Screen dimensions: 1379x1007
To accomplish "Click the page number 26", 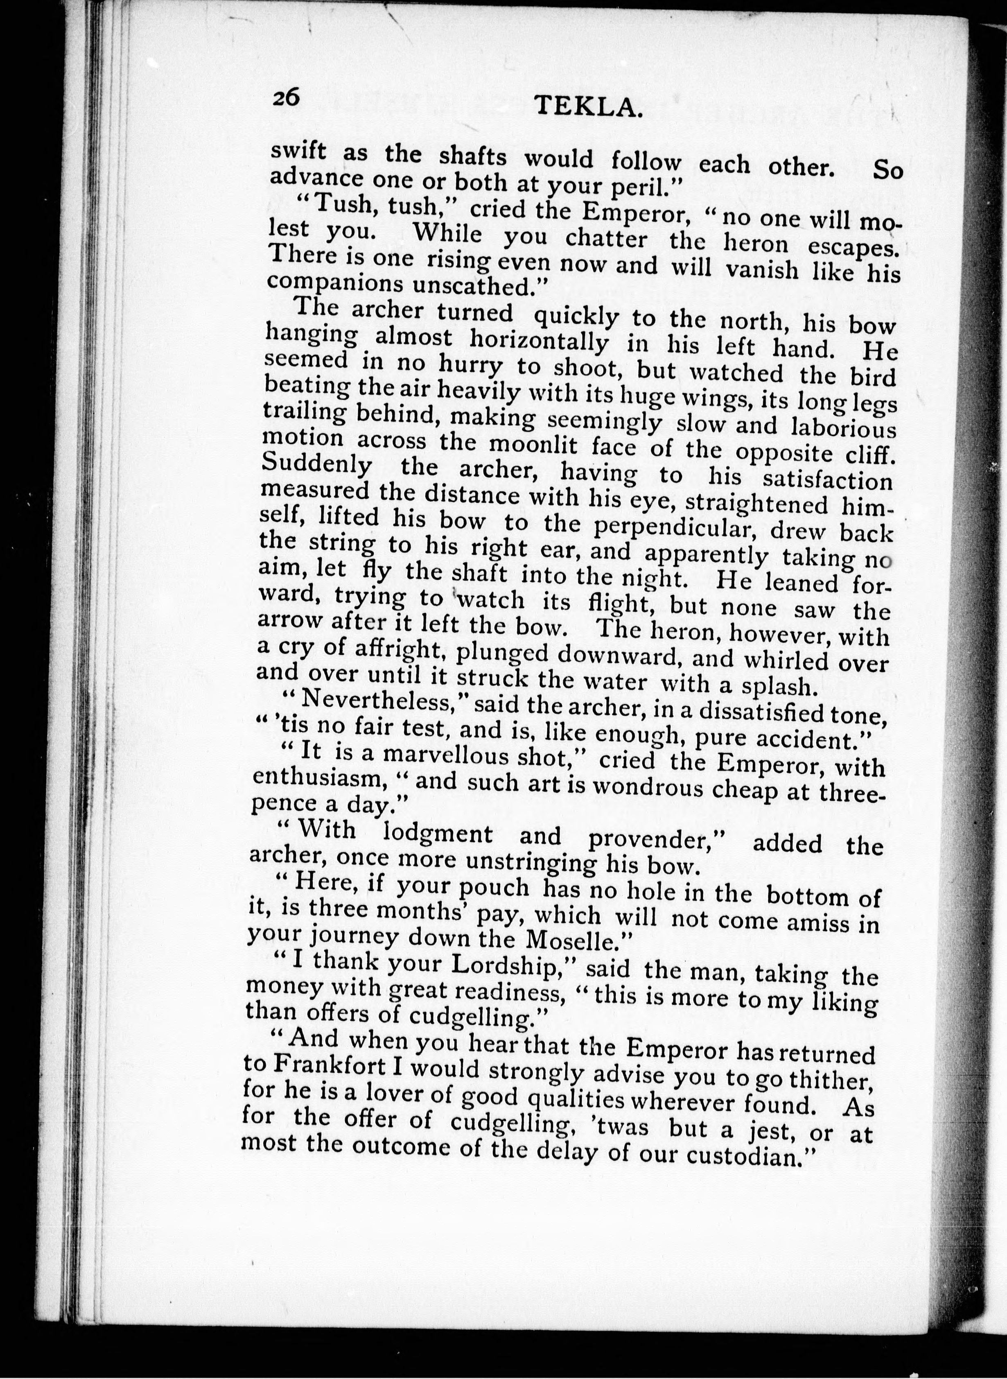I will pos(285,97).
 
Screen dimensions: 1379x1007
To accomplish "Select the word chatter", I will pos(605,238).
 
